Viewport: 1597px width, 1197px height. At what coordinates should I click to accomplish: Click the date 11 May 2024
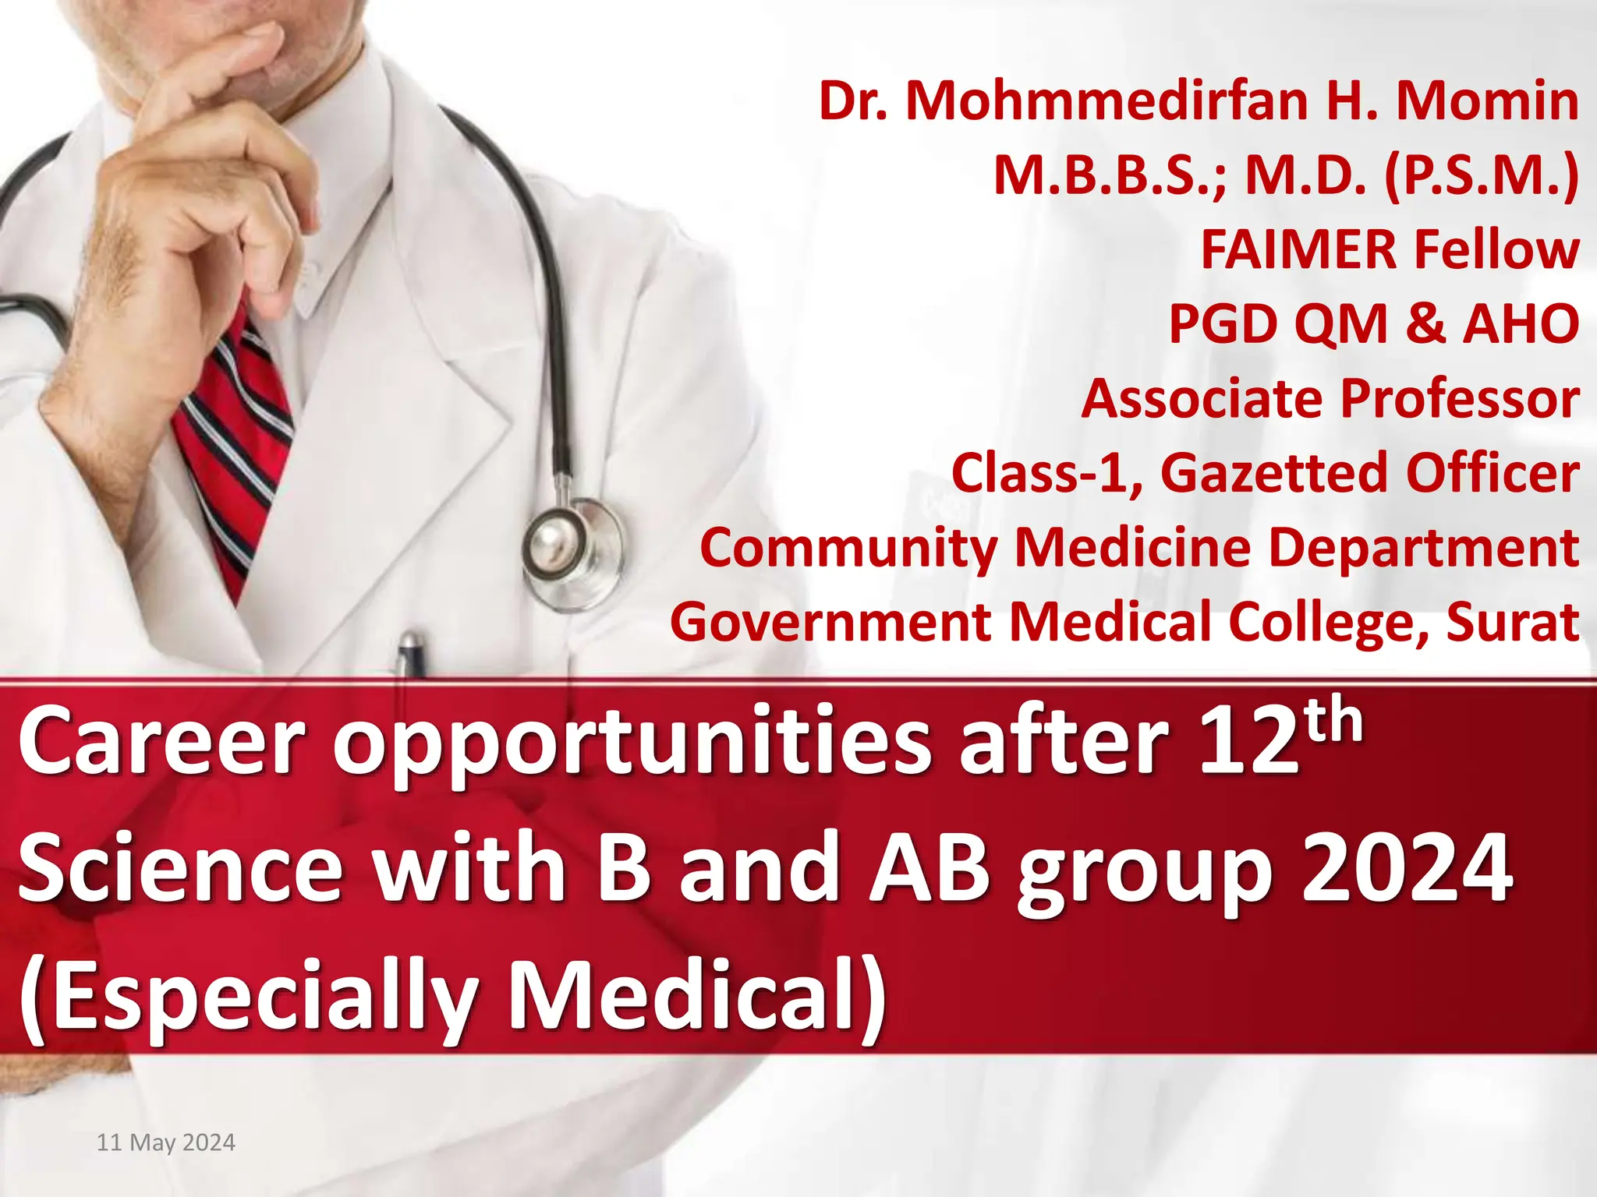165,1142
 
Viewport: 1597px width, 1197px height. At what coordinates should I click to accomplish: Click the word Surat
1512,622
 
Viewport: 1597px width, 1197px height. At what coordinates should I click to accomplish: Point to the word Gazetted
1275,472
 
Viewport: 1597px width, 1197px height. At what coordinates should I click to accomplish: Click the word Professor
1460,398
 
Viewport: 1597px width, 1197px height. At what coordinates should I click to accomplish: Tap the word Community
848,548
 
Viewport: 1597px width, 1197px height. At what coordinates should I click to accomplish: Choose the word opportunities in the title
632,744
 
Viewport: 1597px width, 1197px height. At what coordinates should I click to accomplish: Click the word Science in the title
180,867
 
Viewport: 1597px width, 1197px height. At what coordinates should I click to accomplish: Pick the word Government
830,622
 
